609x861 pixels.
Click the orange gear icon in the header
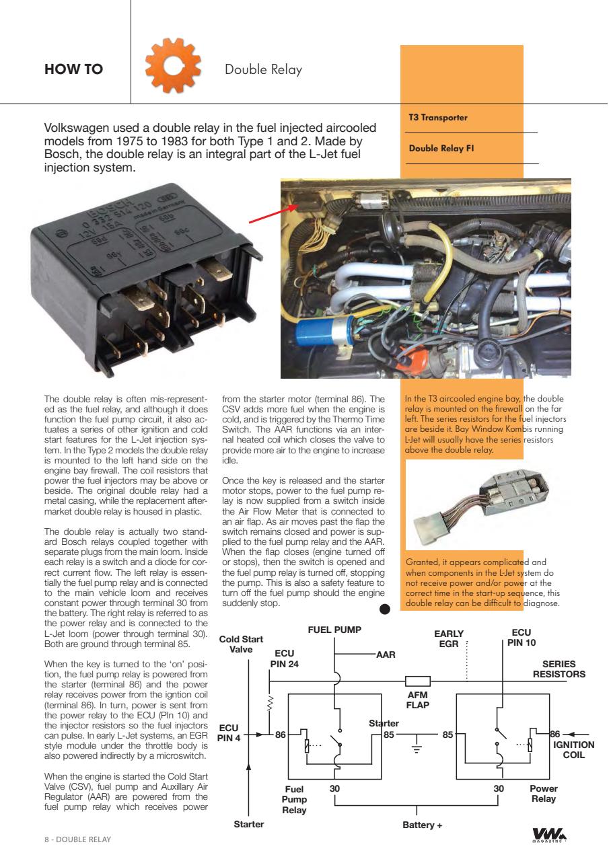point(174,70)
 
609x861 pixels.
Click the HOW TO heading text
point(73,70)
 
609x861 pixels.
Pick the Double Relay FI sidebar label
point(441,149)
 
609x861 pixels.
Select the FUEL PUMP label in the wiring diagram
point(334,630)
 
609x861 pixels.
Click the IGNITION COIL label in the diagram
point(573,749)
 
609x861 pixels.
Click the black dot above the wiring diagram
point(385,609)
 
